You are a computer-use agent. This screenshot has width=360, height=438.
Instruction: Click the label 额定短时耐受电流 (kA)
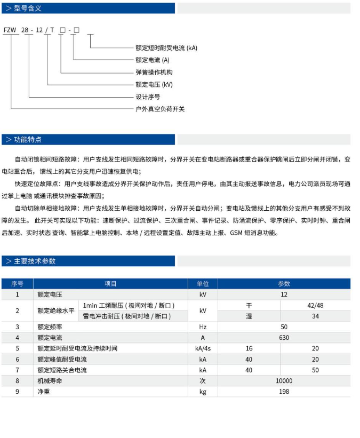[x=166, y=48]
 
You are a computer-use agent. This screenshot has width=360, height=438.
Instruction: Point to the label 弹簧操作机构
[x=154, y=72]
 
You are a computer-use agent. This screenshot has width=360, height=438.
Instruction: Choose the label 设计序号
[x=148, y=97]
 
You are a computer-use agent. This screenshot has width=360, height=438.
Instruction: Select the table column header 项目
[x=110, y=284]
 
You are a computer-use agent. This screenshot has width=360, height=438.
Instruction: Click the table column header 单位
[x=203, y=284]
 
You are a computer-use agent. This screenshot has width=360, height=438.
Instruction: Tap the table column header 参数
[x=284, y=284]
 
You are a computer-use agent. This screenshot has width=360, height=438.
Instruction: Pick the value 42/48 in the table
[x=316, y=305]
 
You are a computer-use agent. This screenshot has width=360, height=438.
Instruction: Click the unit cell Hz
[x=203, y=326]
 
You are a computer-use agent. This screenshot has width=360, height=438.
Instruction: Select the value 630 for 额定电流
[x=284, y=337]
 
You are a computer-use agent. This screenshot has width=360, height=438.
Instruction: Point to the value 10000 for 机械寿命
[x=284, y=380]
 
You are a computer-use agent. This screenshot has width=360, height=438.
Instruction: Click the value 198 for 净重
[x=284, y=391]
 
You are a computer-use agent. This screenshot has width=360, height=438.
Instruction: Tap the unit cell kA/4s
[x=203, y=348]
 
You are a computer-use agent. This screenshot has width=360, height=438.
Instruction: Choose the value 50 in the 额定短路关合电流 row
[x=316, y=370]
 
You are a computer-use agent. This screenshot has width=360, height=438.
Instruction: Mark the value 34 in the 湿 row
[x=316, y=316]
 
